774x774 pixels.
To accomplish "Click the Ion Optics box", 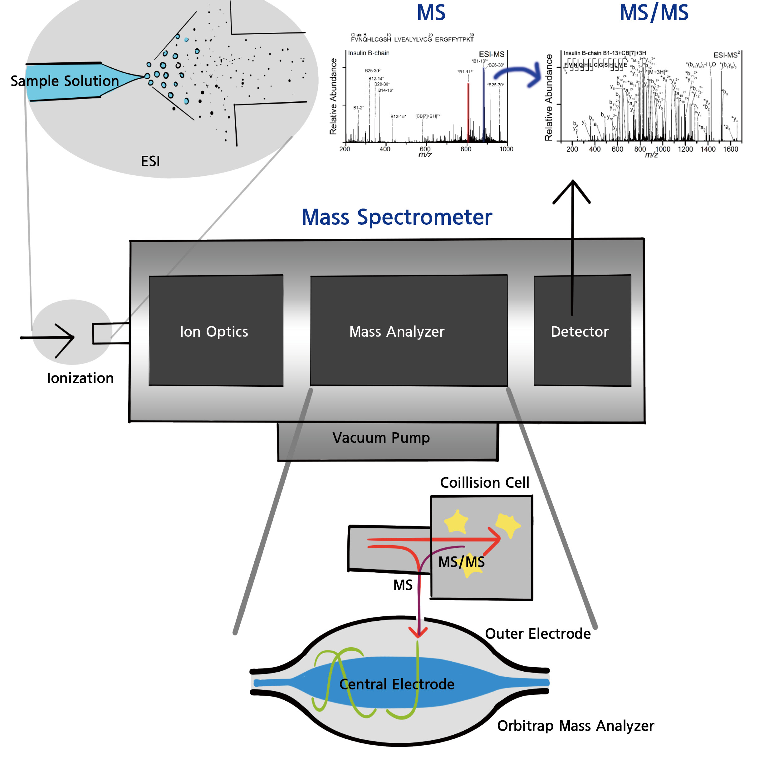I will (x=216, y=331).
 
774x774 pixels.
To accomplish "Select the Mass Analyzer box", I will (x=409, y=331).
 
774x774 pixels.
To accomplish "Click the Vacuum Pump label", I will (x=381, y=438).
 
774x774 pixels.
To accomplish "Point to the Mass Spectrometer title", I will (x=397, y=217).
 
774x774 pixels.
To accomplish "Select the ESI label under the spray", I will (x=150, y=161).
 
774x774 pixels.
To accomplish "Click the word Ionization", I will (x=80, y=378).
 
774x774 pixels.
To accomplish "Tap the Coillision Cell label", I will (x=484, y=483).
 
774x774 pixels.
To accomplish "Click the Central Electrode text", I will (x=397, y=684).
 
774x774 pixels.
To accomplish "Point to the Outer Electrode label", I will (x=538, y=634).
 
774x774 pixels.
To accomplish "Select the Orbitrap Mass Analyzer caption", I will (x=575, y=726).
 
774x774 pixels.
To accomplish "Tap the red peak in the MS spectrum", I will (x=468, y=112).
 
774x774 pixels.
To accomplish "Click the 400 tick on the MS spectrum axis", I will (x=385, y=149).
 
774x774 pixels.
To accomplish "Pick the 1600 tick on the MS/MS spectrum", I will (x=730, y=149).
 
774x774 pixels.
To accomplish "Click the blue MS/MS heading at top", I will (x=654, y=13).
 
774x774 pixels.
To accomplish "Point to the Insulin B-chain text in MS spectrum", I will (x=369, y=53).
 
